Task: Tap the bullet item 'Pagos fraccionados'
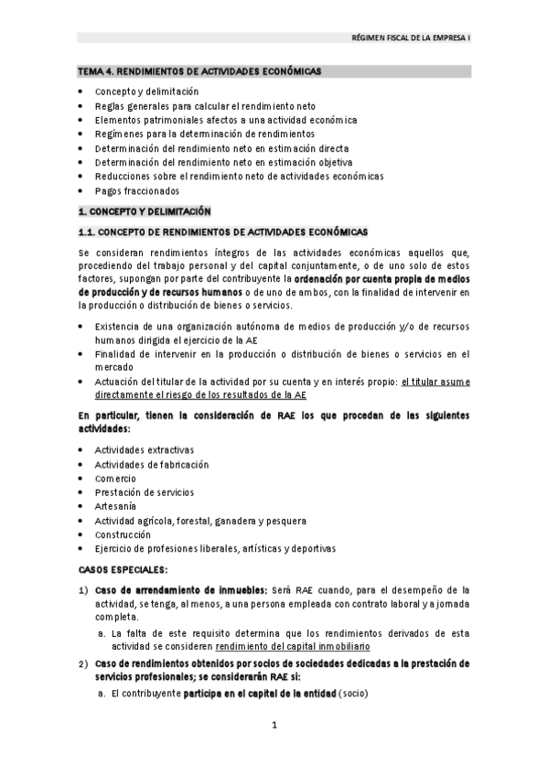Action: coord(136,190)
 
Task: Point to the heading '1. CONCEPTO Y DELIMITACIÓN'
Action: coord(144,210)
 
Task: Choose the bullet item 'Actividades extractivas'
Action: coord(144,449)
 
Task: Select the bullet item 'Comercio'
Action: coord(115,478)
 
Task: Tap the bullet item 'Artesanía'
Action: coord(115,506)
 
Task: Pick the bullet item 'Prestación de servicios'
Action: coord(144,492)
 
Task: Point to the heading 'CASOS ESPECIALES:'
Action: coord(116,569)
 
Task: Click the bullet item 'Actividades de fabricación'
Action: coord(151,464)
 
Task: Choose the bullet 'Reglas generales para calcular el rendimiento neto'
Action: coord(206,106)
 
